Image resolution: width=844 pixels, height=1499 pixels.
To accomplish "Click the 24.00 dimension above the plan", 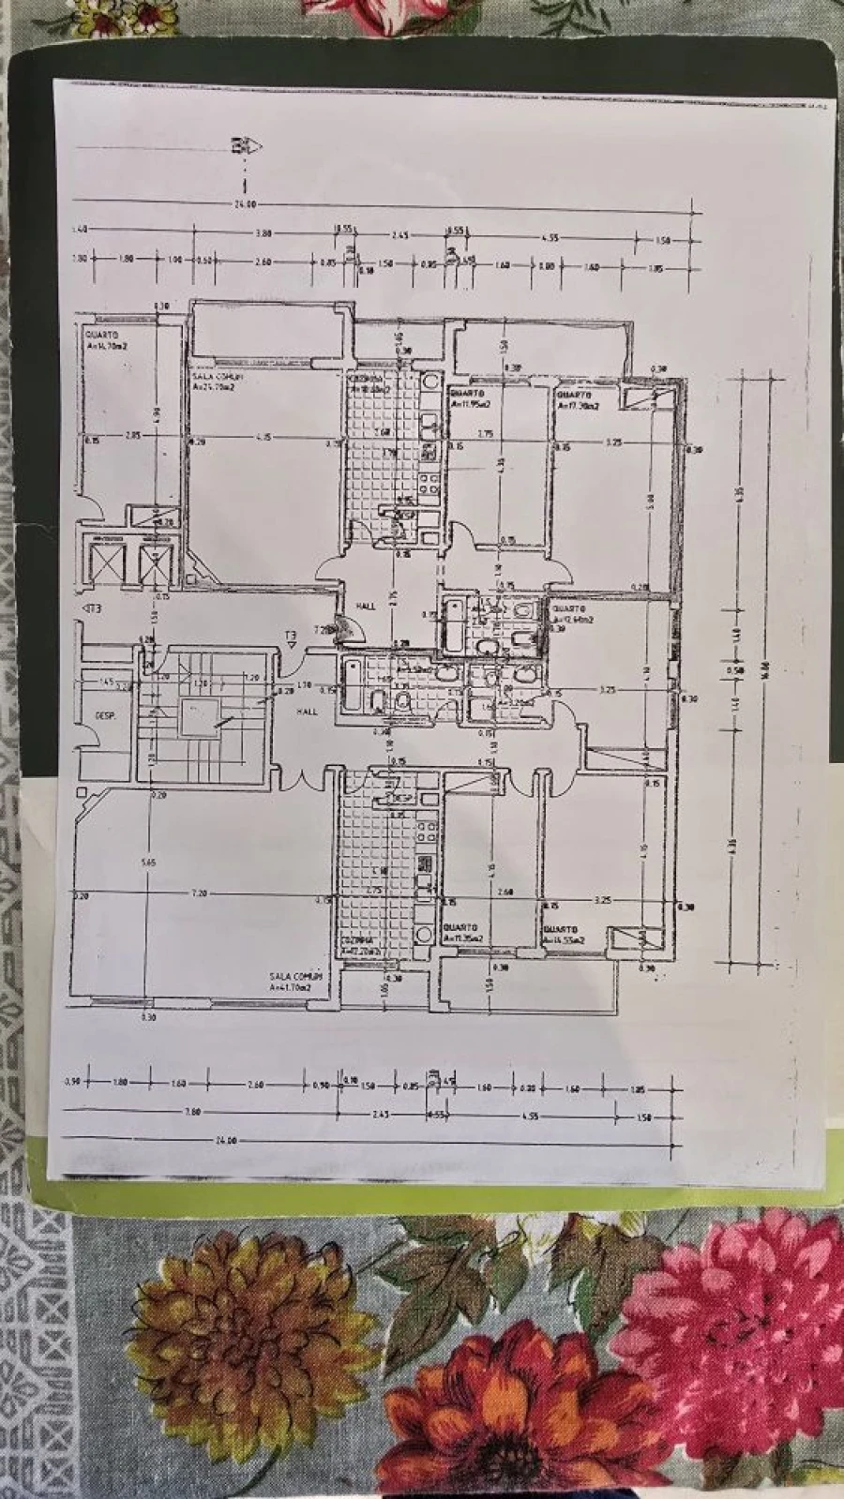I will tap(246, 204).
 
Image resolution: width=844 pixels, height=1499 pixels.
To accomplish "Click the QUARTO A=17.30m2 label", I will tap(579, 401).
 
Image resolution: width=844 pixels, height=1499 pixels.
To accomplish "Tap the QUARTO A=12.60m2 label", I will tap(571, 614).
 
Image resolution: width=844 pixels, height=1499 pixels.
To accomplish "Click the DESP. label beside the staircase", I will tap(104, 715).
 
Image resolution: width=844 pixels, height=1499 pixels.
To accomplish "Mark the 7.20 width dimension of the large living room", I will tap(199, 894).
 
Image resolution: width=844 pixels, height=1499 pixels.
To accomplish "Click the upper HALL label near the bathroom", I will tap(366, 607).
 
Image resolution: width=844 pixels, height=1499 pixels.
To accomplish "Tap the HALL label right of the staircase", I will tap(307, 711).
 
